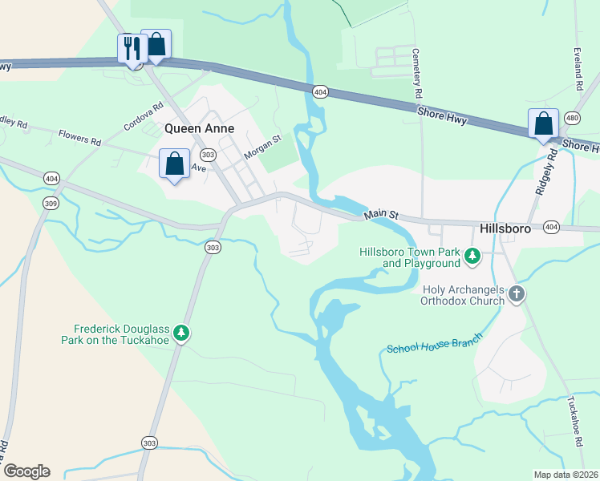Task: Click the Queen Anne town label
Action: [x=199, y=128]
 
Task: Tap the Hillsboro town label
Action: [x=506, y=228]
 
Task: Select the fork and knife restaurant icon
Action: [x=130, y=47]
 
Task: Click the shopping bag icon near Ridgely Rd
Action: [x=543, y=123]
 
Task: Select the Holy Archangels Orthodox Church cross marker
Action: [x=516, y=294]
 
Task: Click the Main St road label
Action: [x=381, y=214]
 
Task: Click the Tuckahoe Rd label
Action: [x=574, y=421]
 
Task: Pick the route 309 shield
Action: [x=51, y=204]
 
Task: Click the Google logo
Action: [x=26, y=471]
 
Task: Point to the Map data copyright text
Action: [x=565, y=475]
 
